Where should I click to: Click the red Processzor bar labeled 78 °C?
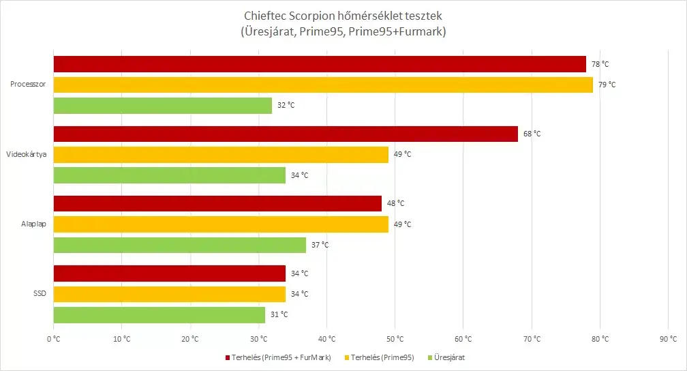pos(320,64)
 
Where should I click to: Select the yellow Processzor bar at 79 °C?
pos(323,85)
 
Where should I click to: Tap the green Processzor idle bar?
pos(163,106)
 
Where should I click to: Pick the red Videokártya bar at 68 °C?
pos(286,134)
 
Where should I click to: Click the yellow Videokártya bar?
pos(221,155)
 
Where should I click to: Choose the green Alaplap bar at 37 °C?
pos(180,245)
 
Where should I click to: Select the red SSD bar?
pos(170,273)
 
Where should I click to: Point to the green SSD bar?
pos(159,315)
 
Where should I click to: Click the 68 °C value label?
pos(532,134)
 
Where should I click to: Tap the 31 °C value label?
pos(279,314)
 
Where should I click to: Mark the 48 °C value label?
pos(395,203)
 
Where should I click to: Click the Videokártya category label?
pos(27,154)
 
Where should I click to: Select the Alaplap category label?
pos(34,224)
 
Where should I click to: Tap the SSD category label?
pos(40,293)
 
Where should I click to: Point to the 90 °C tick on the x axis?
pos(668,339)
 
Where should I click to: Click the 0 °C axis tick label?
pos(53,339)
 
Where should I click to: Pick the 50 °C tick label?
pos(395,339)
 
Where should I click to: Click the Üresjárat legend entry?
pos(446,357)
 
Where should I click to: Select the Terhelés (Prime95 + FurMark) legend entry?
pos(278,357)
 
